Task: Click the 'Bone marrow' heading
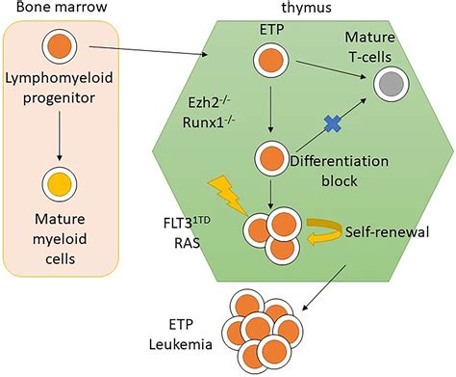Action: (x=50, y=11)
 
